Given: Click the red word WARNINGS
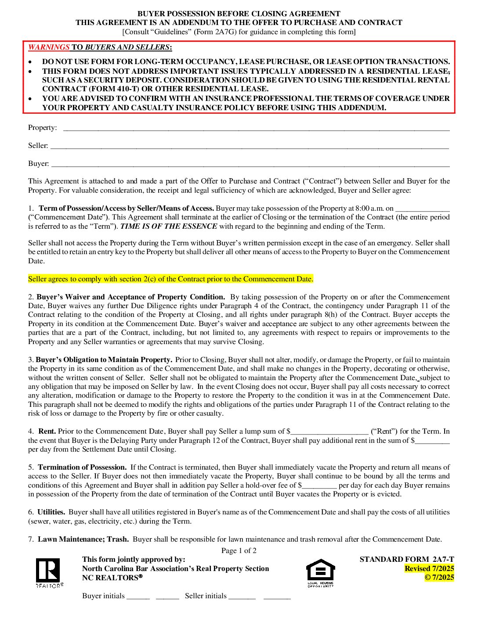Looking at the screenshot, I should tap(49, 47).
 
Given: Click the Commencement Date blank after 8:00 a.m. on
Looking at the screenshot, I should tap(423, 209).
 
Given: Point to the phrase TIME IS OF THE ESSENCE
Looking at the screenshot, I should tap(169, 226).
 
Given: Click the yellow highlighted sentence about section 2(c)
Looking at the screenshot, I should tap(170, 279).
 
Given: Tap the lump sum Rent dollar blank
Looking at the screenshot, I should tap(330, 432).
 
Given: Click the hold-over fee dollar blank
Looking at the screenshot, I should tap(319, 486).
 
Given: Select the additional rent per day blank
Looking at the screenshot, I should tap(432, 441).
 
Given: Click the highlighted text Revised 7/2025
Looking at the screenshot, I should tap(429, 569).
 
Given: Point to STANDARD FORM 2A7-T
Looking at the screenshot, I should tap(407, 560).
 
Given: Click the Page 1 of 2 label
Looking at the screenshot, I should tap(239, 551).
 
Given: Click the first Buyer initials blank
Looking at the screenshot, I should tap(138, 597).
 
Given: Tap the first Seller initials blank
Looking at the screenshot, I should tap(242, 597).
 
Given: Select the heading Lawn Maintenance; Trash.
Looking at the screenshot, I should tap(83, 539).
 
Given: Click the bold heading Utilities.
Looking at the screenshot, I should tap(51, 512).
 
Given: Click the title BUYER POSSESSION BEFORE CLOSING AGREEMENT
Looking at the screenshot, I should tap(239, 14).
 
